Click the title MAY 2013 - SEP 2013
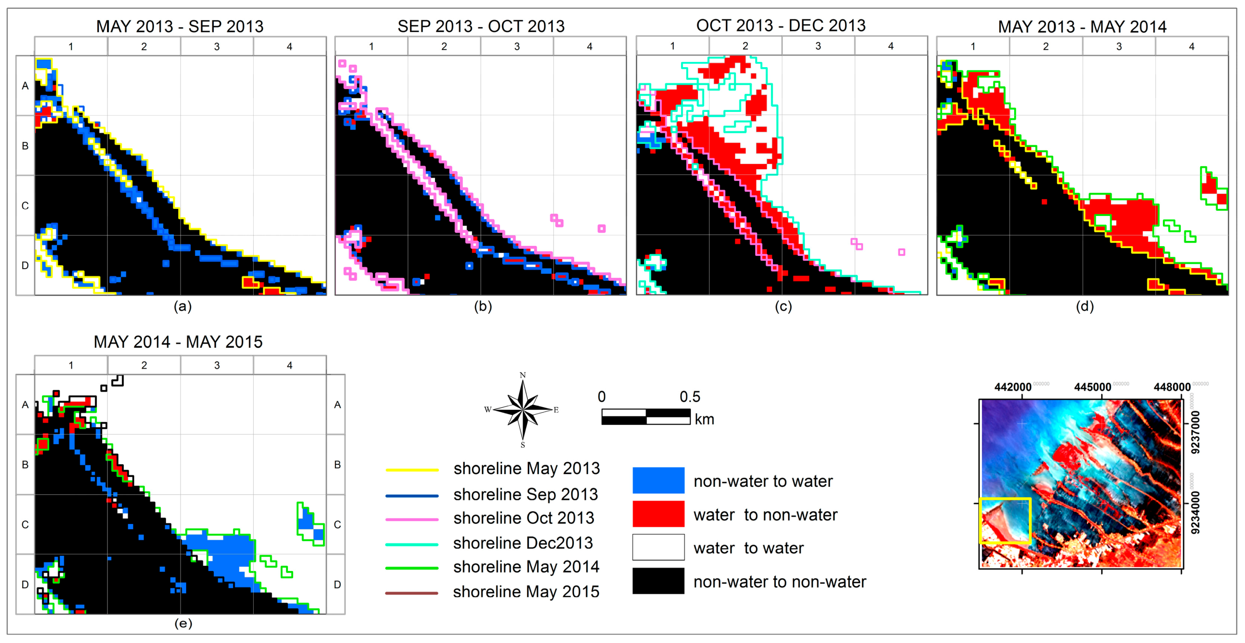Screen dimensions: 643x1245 click(x=180, y=26)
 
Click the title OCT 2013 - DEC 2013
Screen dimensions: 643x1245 click(x=781, y=25)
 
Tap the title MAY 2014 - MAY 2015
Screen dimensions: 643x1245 click(x=178, y=342)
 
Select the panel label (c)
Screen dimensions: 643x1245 click(x=783, y=306)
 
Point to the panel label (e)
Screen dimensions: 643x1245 click(x=183, y=623)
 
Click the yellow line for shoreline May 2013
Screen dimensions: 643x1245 click(x=412, y=470)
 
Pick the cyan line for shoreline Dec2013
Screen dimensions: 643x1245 click(x=412, y=544)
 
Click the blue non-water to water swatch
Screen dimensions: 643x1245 click(x=658, y=480)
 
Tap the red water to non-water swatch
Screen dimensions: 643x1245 click(x=658, y=514)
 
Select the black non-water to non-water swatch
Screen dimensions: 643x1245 click(x=658, y=581)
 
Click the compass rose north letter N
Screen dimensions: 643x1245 click(x=523, y=375)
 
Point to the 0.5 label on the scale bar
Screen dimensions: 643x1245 click(x=690, y=397)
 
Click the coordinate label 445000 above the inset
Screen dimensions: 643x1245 click(x=1092, y=387)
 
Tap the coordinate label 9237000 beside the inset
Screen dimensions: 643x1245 click(x=1195, y=433)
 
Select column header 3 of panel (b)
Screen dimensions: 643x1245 click(x=517, y=47)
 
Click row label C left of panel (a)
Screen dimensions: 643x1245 click(x=25, y=205)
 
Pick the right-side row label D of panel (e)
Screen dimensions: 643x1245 click(x=337, y=585)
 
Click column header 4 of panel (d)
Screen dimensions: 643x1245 click(x=1191, y=47)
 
